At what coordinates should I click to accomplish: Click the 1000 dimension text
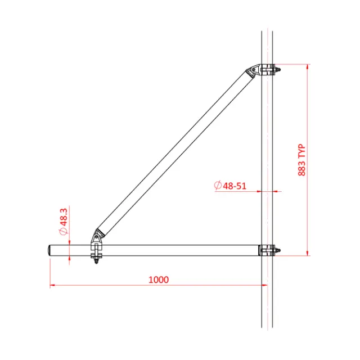point(159,280)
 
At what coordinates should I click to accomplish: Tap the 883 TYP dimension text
point(302,160)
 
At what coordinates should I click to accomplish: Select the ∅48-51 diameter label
point(230,185)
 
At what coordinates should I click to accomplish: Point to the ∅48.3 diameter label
point(64,222)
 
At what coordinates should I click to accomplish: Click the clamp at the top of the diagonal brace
point(256,71)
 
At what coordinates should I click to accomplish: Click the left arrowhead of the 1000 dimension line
point(52,286)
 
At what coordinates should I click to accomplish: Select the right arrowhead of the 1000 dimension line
point(264,286)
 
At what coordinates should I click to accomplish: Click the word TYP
point(302,151)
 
